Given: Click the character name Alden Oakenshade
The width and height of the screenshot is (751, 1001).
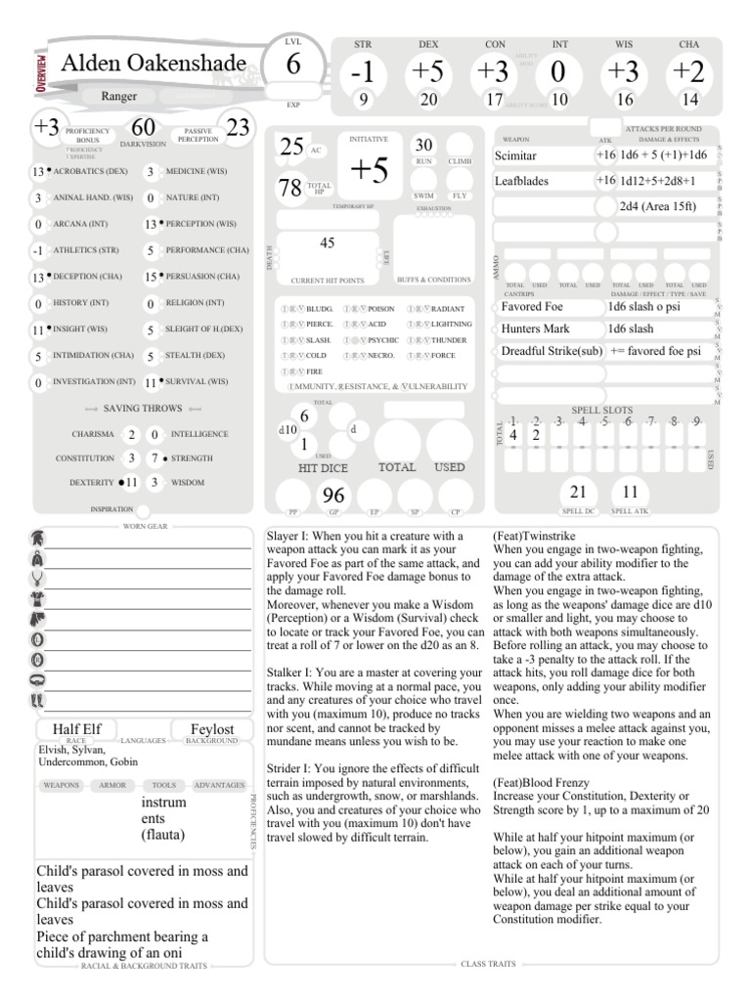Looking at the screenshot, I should pyautogui.click(x=153, y=64).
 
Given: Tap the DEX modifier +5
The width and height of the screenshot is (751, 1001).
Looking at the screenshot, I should pyautogui.click(x=428, y=72).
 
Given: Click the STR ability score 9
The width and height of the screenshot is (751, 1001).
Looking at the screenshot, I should pyautogui.click(x=362, y=99).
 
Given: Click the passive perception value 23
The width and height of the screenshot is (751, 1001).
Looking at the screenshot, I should pyautogui.click(x=238, y=127).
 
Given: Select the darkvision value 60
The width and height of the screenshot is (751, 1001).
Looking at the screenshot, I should pyautogui.click(x=144, y=128).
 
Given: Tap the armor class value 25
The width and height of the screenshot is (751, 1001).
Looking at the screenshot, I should pyautogui.click(x=291, y=147).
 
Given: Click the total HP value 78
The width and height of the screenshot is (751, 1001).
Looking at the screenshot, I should pyautogui.click(x=289, y=188).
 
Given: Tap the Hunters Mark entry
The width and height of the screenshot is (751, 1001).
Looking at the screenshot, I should pyautogui.click(x=535, y=328).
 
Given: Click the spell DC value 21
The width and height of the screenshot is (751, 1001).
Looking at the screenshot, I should pyautogui.click(x=578, y=492).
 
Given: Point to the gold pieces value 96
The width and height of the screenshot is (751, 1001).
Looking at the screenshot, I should pyautogui.click(x=334, y=497).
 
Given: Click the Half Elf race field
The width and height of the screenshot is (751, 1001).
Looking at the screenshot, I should pyautogui.click(x=78, y=729).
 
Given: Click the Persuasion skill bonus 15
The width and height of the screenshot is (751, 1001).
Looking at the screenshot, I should pyautogui.click(x=151, y=277).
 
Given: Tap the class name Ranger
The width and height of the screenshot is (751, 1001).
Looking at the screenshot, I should pyautogui.click(x=119, y=97).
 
